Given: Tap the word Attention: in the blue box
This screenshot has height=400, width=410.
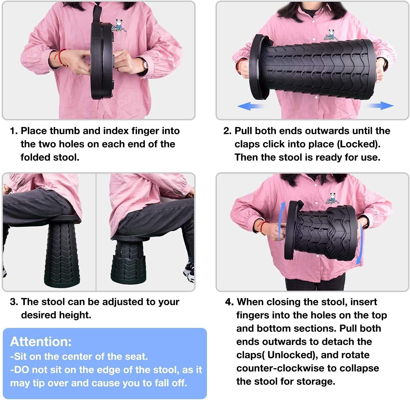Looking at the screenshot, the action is (41, 342).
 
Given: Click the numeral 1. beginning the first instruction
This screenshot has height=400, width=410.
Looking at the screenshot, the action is (14, 131).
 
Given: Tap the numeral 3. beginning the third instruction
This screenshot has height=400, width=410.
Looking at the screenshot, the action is (14, 302).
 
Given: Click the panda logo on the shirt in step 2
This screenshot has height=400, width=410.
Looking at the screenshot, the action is (331, 35).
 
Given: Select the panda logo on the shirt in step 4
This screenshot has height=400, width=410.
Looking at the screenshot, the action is (332, 198).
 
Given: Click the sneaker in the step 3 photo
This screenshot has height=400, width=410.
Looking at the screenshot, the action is (189, 272).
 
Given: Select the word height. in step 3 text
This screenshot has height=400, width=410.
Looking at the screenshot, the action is (75, 315).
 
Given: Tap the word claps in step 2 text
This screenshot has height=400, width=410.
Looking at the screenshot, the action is (247, 144).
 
